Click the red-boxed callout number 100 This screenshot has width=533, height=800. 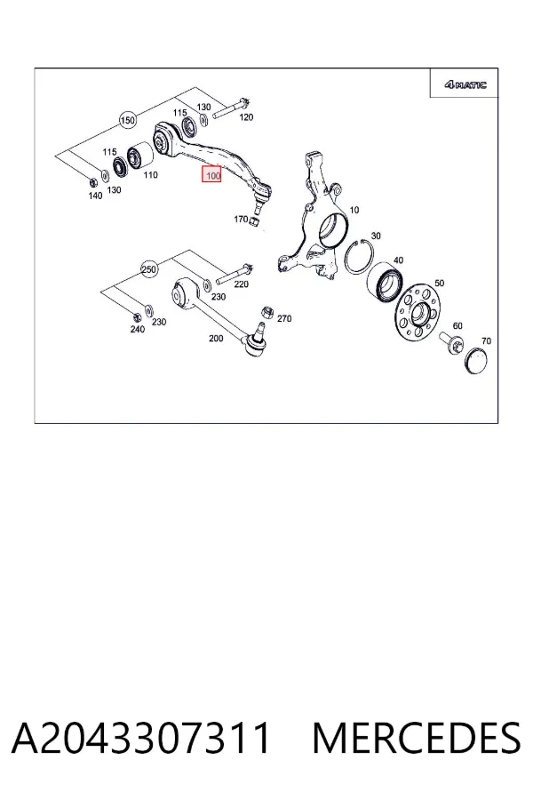211,176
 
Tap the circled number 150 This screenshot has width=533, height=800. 128,120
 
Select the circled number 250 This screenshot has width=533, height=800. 149,268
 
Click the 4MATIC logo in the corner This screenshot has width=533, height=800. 465,84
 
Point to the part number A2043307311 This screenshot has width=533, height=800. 140,738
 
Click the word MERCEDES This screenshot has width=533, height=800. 417,738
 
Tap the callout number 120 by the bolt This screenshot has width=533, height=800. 246,117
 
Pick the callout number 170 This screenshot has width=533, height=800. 241,219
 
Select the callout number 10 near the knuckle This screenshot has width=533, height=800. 354,210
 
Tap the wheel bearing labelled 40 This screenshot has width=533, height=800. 385,282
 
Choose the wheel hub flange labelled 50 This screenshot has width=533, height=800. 418,314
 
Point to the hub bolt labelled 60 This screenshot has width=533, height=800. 451,341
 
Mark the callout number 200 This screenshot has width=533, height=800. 216,338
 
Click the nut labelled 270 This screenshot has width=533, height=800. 266,311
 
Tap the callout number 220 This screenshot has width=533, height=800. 242,284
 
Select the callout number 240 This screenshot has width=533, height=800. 137,329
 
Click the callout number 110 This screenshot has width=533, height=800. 150,174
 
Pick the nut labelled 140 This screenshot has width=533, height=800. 92,181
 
